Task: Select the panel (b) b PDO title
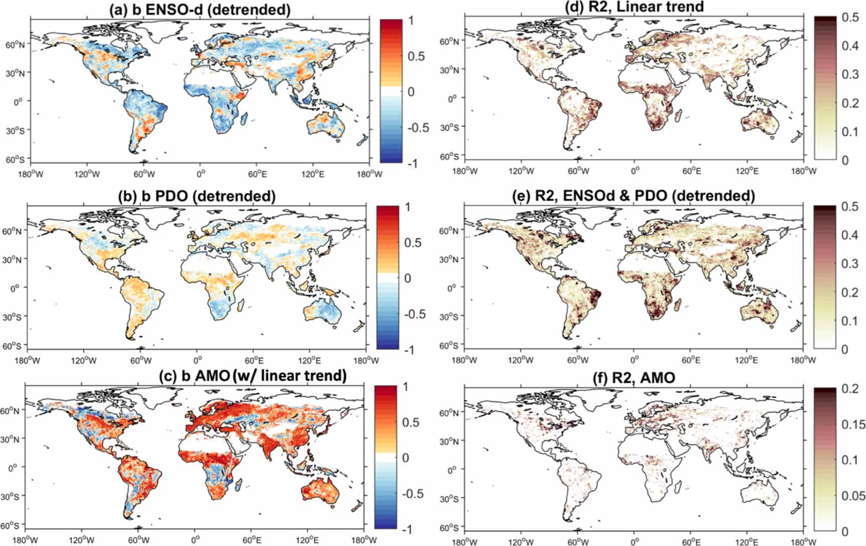tap(196, 196)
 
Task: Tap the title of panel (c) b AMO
tap(196, 375)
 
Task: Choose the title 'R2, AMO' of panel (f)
tap(635, 377)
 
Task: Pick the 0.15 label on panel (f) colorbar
tap(852, 424)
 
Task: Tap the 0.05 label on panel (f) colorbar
tap(852, 496)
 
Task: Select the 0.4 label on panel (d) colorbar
tap(849, 46)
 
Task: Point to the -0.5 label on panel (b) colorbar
tap(415, 314)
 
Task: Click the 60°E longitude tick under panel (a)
tap(257, 174)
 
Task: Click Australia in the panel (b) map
tap(322, 312)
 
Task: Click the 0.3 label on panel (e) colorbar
tap(849, 263)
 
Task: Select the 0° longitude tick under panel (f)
tap(635, 542)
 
